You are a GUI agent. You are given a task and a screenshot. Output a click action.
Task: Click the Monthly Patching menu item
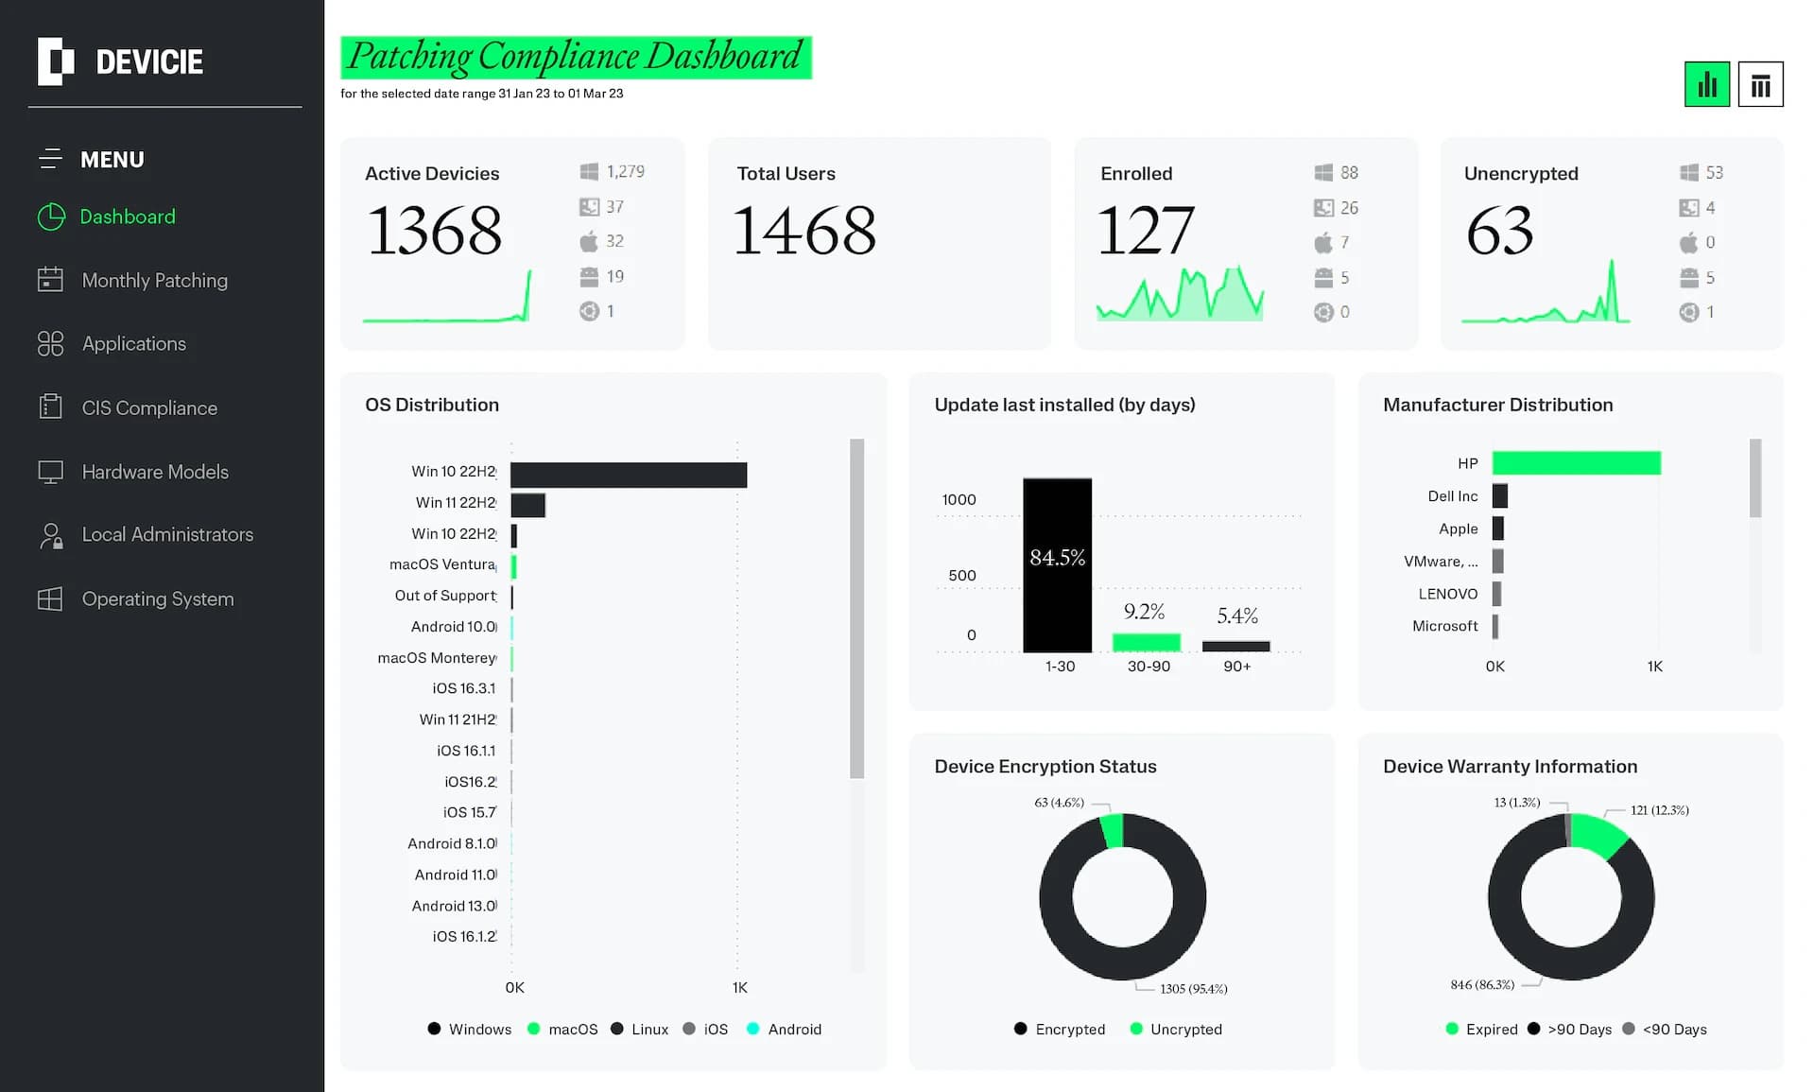154,281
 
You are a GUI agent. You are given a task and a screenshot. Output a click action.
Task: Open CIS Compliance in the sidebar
149,408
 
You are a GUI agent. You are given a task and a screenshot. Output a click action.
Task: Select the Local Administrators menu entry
167,535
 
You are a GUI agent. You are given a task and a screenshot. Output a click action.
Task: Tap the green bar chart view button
1706,85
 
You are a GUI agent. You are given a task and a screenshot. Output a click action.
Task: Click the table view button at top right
1759,85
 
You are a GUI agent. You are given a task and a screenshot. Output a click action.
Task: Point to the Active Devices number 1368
435,232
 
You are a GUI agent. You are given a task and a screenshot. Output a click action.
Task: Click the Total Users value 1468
804,232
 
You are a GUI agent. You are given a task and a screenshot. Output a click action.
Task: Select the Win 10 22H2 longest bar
629,475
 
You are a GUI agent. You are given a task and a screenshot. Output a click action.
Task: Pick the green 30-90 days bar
1146,643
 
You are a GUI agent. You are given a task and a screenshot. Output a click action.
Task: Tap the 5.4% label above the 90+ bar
1236,616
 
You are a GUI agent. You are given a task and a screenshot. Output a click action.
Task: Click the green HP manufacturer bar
1576,462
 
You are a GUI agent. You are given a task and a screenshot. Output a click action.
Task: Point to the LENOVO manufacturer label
1447,594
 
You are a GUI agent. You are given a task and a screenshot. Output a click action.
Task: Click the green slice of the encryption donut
1113,830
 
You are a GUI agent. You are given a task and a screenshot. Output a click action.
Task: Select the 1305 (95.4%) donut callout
1193,989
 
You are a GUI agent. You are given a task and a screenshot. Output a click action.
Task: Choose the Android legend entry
794,1030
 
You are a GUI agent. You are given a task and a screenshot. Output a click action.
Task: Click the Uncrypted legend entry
1185,1030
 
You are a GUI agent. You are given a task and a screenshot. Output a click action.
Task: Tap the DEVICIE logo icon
56,62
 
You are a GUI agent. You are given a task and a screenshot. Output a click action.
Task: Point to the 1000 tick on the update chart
959,500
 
